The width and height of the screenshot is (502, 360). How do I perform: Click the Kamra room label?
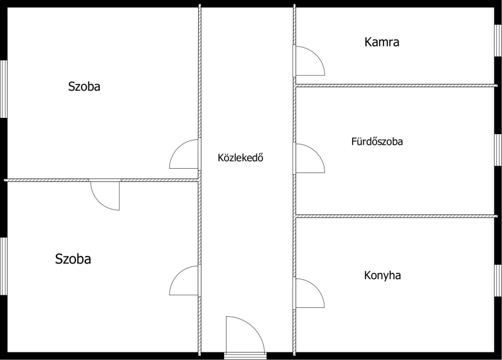coord(382,43)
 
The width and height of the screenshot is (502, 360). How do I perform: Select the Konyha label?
coord(382,275)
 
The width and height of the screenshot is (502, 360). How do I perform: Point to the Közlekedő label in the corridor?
coord(240,157)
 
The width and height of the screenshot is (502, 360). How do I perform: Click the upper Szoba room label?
coord(84,87)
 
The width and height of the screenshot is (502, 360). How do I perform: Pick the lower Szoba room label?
coord(73,258)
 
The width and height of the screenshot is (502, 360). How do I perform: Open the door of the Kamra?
coord(309,61)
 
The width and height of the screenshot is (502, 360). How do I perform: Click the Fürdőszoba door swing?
coord(309,158)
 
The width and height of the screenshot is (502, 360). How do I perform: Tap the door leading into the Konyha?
coord(309,293)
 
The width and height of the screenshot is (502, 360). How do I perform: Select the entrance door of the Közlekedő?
coord(245,336)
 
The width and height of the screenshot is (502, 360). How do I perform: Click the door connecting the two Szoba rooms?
coord(105,194)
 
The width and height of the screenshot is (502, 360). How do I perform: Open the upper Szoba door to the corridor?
coord(185,154)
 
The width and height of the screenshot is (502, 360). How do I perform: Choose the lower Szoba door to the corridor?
coord(185,280)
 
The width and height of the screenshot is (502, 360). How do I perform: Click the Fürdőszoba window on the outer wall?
coord(498,151)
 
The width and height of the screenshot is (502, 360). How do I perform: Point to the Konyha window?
coord(498,279)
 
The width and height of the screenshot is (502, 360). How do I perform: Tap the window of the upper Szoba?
coord(4,88)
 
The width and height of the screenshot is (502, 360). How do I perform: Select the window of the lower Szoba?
coord(4,266)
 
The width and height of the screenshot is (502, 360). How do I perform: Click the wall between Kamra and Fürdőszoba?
coord(395,85)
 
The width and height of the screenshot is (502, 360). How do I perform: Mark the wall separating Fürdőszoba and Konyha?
coord(395,216)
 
